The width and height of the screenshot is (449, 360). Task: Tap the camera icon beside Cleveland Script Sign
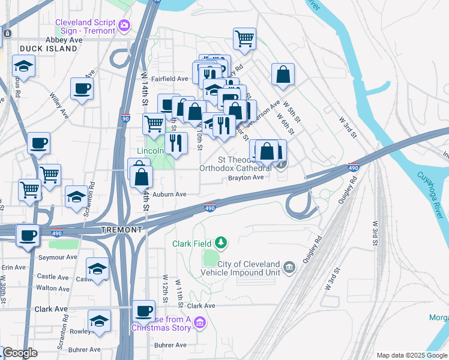124,25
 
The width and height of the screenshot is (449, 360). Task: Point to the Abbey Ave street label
64,40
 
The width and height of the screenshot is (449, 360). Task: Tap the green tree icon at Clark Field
222,242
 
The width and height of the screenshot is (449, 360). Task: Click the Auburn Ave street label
169,194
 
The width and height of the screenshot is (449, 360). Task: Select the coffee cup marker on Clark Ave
143,311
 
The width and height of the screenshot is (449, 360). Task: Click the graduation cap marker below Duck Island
23,65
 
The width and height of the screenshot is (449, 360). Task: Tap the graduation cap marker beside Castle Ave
97,268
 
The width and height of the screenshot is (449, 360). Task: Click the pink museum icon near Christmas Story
200,323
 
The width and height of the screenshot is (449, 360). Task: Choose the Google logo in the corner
20,353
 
